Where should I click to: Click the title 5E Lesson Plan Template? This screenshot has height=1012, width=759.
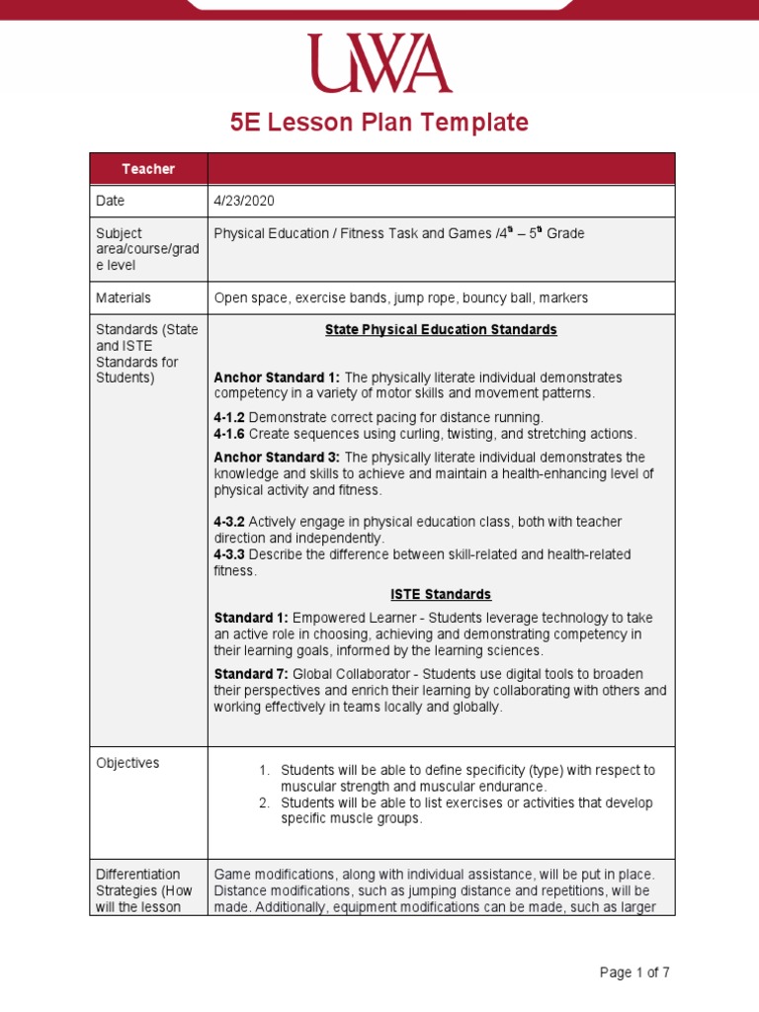pyautogui.click(x=379, y=123)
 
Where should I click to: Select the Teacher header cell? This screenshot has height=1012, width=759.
pyautogui.click(x=148, y=169)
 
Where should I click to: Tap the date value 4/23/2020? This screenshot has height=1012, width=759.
pyautogui.click(x=243, y=201)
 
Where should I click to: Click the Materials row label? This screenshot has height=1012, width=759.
pyautogui.click(x=123, y=297)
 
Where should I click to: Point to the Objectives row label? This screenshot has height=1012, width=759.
pyautogui.click(x=127, y=763)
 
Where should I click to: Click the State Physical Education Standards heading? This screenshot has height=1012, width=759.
pyautogui.click(x=441, y=329)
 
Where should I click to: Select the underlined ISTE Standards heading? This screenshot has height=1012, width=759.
pyautogui.click(x=441, y=595)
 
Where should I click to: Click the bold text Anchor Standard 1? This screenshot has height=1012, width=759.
pyautogui.click(x=277, y=378)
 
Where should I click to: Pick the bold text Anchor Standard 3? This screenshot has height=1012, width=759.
pyautogui.click(x=277, y=458)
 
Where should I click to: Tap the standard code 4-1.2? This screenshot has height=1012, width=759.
pyautogui.click(x=229, y=417)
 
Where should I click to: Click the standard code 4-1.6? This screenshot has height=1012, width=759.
pyautogui.click(x=229, y=434)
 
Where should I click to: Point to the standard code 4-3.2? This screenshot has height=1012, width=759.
pyautogui.click(x=229, y=522)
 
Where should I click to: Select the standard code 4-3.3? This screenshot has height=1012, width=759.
pyautogui.click(x=229, y=554)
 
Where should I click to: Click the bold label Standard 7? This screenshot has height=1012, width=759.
pyautogui.click(x=251, y=674)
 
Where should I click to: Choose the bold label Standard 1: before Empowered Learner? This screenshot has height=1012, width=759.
pyautogui.click(x=251, y=618)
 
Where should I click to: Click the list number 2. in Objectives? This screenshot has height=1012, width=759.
pyautogui.click(x=264, y=802)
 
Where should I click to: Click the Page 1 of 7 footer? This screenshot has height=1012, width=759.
pyautogui.click(x=634, y=972)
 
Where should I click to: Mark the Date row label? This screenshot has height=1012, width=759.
pyautogui.click(x=111, y=201)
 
